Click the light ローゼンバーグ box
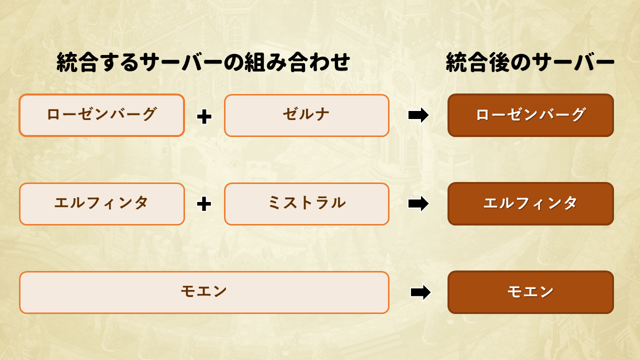point(101,115)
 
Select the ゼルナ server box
point(307,115)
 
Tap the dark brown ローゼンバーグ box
point(530,115)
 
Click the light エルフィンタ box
point(101,204)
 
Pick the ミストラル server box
point(307,204)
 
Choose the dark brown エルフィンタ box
point(530,203)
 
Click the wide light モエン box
point(204,292)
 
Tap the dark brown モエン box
point(530,292)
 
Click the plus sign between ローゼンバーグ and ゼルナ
point(204,116)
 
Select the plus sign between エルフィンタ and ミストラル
point(204,204)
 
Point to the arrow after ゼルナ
point(418,115)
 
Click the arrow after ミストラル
point(418,203)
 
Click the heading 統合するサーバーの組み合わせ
point(203,61)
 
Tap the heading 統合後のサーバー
point(530,61)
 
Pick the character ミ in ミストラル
point(275,202)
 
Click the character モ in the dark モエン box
point(514,291)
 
